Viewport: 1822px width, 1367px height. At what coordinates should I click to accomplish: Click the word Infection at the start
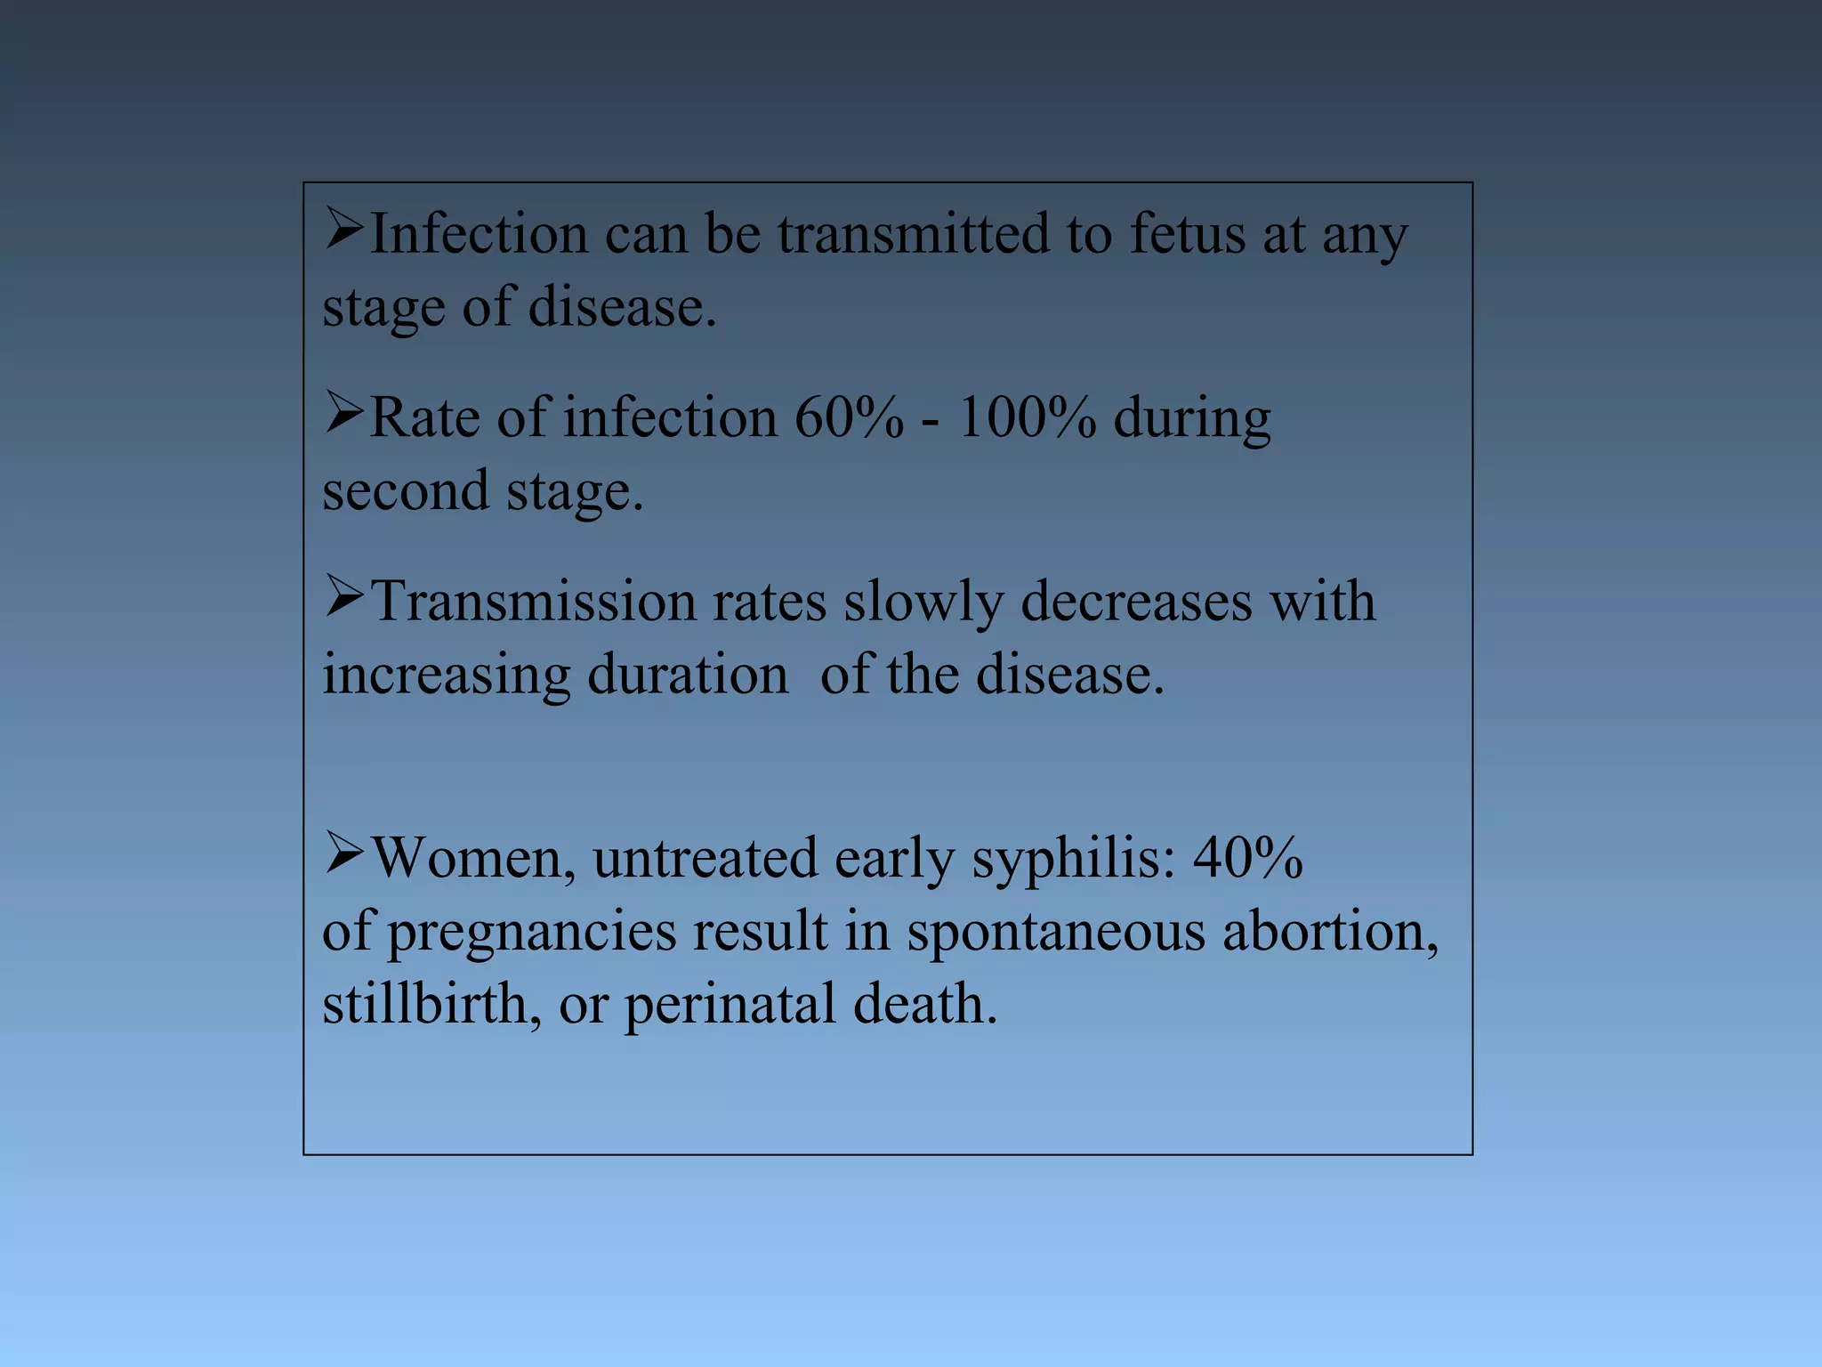[x=478, y=234]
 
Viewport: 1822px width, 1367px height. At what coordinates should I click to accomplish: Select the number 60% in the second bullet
[x=849, y=417]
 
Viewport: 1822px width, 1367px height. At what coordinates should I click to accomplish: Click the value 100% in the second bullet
[x=1028, y=417]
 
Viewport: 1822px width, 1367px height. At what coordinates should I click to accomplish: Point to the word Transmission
[x=533, y=602]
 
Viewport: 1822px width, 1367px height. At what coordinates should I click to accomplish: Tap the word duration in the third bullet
[x=688, y=675]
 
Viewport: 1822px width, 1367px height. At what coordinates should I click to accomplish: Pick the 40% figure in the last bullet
[x=1248, y=859]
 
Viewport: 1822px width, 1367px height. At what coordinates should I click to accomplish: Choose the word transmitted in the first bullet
[x=913, y=234]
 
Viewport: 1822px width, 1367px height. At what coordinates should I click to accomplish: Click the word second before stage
[x=406, y=491]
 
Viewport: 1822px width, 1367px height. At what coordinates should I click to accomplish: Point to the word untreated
[x=705, y=859]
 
